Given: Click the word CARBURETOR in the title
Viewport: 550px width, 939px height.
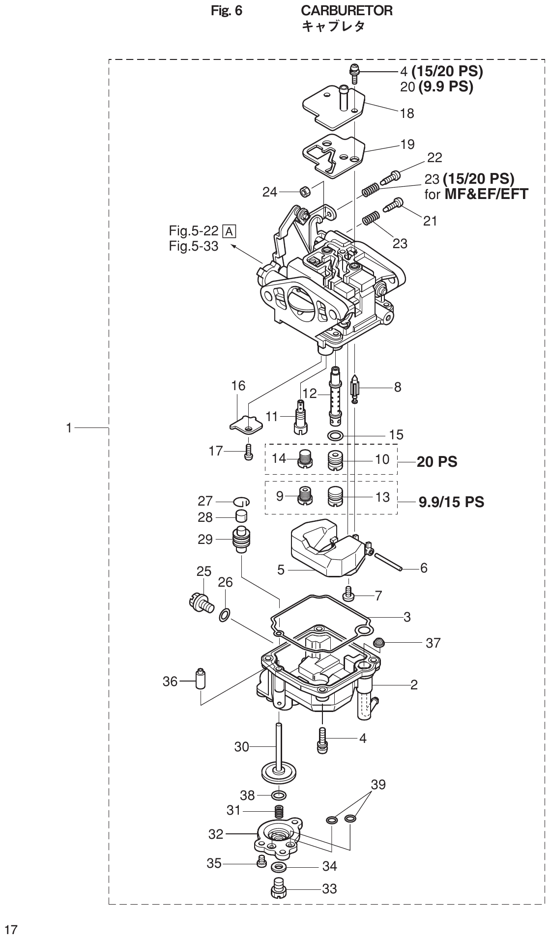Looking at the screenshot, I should point(347,10).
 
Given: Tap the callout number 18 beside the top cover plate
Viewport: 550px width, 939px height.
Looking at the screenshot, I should point(407,114).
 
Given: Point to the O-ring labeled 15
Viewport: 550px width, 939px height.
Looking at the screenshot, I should point(335,435).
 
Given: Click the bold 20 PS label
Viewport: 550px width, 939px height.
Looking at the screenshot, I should point(436,462).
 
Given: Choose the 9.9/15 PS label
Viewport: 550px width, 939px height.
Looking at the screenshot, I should point(451,502).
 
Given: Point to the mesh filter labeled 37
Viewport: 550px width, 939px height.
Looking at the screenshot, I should point(378,642).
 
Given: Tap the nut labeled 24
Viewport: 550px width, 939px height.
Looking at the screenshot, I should point(304,191).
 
